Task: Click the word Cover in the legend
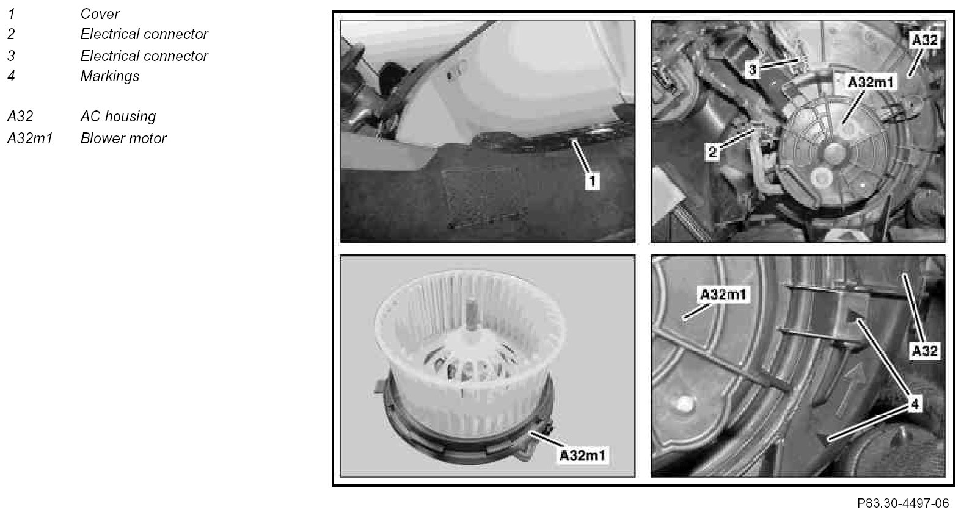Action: coord(100,14)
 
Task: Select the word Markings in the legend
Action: coord(110,76)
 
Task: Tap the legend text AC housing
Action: coord(118,117)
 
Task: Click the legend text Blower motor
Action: coord(123,138)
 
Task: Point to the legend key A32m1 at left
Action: coord(30,138)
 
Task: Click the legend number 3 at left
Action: coord(11,56)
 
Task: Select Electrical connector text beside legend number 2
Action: coord(144,34)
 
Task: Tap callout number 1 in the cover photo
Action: coord(592,181)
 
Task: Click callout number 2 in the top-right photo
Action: coord(713,152)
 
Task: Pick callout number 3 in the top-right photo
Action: coord(752,70)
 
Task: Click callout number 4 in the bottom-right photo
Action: coord(915,404)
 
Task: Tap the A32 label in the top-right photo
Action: coord(925,40)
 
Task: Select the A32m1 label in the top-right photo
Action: coord(870,82)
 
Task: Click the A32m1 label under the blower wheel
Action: coord(582,455)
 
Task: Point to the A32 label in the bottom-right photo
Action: coord(925,351)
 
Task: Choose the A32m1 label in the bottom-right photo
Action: coord(723,295)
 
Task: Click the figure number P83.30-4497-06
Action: coord(903,503)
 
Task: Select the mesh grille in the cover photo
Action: coord(485,197)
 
